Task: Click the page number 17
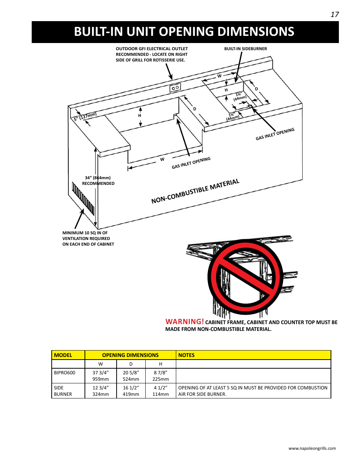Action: (x=334, y=14)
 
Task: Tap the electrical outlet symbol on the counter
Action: (x=175, y=88)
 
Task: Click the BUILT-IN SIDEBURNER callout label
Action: (x=245, y=49)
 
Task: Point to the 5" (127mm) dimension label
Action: (x=85, y=117)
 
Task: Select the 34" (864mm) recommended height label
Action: (x=98, y=180)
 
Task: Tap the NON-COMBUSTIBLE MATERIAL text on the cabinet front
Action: (x=195, y=191)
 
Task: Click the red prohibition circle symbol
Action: (x=245, y=277)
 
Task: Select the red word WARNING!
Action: (x=185, y=321)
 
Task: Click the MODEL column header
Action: (x=63, y=355)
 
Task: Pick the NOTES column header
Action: (x=186, y=355)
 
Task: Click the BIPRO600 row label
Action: (x=65, y=372)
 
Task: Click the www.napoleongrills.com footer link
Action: (x=312, y=448)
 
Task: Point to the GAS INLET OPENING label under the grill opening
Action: (x=191, y=163)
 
